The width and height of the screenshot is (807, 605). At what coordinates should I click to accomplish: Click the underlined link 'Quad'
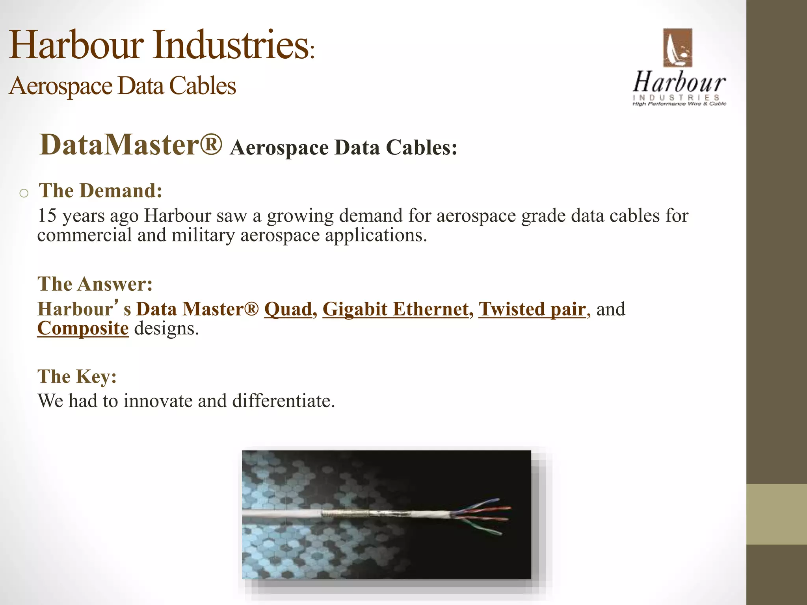pos(288,309)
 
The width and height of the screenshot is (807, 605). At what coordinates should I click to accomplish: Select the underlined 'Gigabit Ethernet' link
pos(396,309)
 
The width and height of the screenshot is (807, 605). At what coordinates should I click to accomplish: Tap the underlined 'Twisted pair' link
pos(532,309)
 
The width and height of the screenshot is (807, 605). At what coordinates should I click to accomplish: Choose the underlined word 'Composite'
pos(83,328)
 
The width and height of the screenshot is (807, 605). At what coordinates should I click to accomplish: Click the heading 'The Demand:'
pos(100,191)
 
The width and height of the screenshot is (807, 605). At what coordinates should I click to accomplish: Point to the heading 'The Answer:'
pos(95,284)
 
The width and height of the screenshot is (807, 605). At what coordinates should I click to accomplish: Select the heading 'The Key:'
pos(77,377)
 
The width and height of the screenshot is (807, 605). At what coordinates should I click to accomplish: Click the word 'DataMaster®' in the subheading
pos(131,145)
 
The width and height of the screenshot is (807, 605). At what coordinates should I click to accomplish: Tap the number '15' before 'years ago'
pos(47,216)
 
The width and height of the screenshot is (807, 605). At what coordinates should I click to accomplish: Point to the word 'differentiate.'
pos(283,401)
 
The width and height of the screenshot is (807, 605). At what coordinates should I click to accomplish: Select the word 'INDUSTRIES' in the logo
pos(676,97)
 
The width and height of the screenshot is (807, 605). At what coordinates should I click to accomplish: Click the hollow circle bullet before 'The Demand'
pos(24,193)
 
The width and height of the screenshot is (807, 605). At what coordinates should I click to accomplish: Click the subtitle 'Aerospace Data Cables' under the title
pos(122,86)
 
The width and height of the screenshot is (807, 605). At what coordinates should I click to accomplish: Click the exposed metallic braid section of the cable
pos(347,514)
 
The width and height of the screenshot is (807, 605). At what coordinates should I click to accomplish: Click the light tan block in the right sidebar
pos(776,514)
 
